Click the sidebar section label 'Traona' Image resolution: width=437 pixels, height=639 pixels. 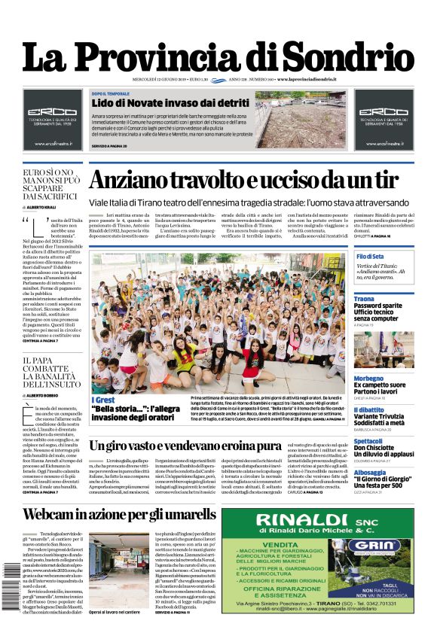coord(364,299)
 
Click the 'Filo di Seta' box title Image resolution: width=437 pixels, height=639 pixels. coord(371,257)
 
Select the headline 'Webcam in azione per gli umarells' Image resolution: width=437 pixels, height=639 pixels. coord(118,515)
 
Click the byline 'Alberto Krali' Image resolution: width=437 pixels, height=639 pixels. coord(46,206)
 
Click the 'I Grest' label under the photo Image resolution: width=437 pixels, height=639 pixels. coord(103,399)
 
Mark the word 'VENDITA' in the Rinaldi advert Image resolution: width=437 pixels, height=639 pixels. coord(288,544)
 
